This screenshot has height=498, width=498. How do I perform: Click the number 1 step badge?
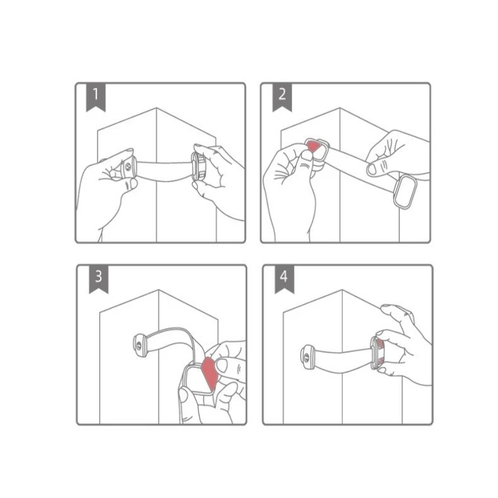(95, 96)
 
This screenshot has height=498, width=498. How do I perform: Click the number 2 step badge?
(282, 96)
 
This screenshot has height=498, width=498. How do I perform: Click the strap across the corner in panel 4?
(339, 358)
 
